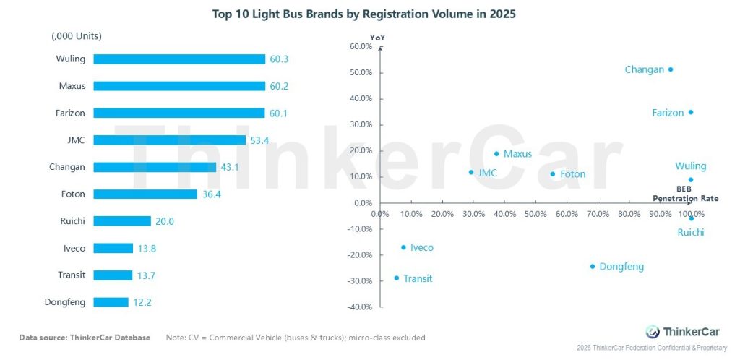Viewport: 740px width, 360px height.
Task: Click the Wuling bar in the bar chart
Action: (179, 59)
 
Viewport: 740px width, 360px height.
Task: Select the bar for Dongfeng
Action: (111, 302)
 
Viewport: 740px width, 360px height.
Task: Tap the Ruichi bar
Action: (122, 221)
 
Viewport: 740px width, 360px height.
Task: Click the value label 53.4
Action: (259, 140)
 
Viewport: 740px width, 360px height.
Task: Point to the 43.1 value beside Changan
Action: (230, 167)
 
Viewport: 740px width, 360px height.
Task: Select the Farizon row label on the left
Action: (71, 113)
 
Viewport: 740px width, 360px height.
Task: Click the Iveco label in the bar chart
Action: (74, 248)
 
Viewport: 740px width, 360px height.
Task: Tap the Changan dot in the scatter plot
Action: (671, 69)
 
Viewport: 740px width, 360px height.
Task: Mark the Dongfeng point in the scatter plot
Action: (593, 266)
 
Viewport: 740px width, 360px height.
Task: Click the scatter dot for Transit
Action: (396, 278)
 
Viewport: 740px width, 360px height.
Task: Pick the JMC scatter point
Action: (471, 172)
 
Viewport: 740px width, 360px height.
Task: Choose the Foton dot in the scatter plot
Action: (553, 173)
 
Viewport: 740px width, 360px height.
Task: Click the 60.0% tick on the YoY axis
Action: (360, 47)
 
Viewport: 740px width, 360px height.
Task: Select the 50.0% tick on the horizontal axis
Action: (535, 214)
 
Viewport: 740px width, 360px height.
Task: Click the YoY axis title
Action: (377, 37)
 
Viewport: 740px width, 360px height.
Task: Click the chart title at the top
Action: (364, 13)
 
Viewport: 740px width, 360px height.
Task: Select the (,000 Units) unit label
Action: (77, 35)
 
